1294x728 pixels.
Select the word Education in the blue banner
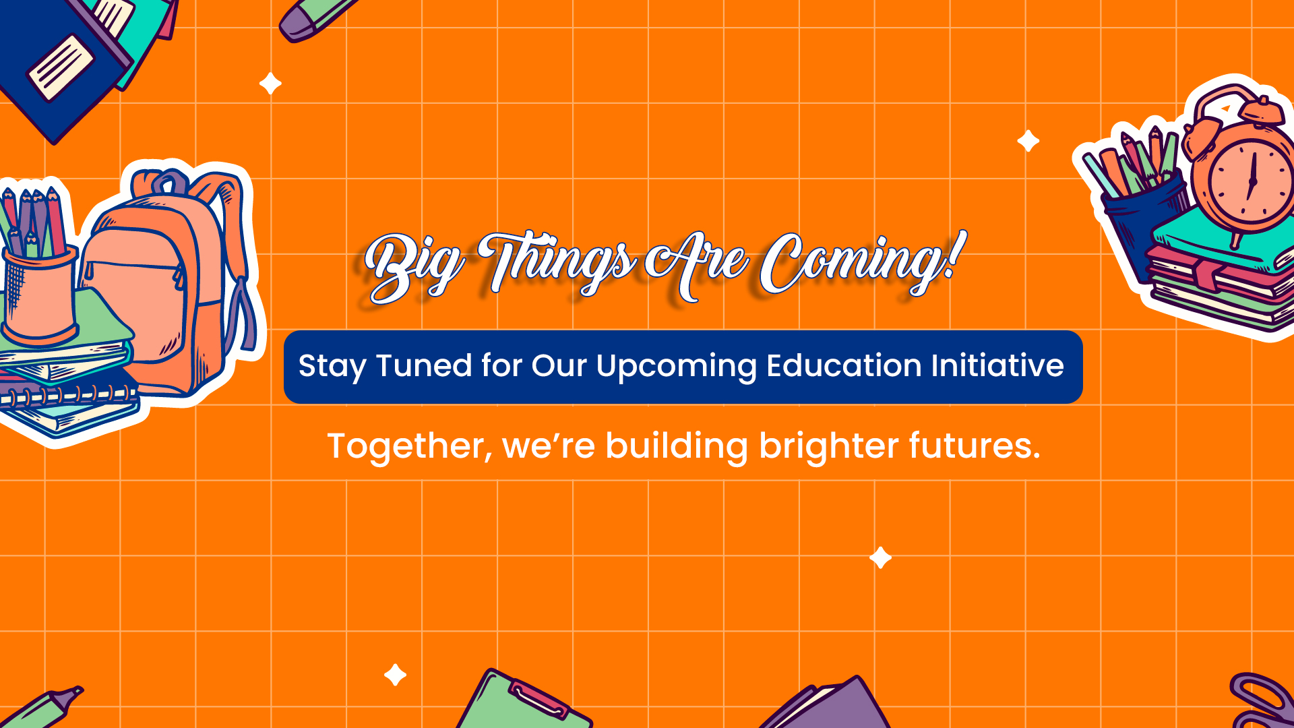844,365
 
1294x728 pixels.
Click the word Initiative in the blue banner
997,365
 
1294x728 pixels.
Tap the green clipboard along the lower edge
522,701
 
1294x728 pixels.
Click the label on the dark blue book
61,67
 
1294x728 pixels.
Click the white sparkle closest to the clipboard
395,675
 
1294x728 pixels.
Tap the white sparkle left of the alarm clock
1028,141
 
